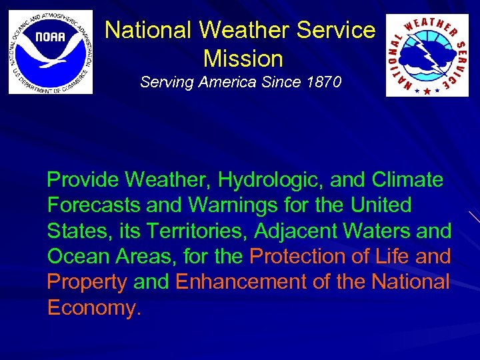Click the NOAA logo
(x=51, y=52)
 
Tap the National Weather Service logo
(x=427, y=55)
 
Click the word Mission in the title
(x=243, y=59)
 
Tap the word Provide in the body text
(x=83, y=179)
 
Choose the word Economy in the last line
(x=94, y=307)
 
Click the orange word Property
(x=87, y=282)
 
